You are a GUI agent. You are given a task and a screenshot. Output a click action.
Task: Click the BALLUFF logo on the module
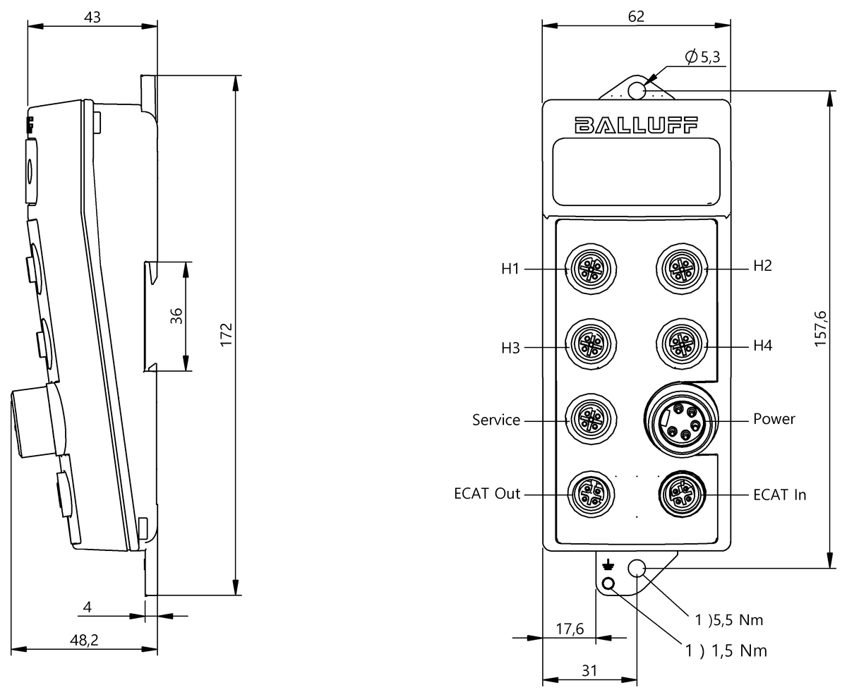[x=636, y=125]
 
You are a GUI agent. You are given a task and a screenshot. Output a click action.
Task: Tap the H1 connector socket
[x=591, y=268]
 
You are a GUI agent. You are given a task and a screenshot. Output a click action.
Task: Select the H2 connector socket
[x=682, y=268]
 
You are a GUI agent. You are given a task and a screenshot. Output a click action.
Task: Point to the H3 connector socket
[x=591, y=344]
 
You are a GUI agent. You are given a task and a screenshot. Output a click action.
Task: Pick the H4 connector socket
[x=682, y=344]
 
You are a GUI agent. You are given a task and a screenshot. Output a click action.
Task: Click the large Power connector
[x=681, y=420]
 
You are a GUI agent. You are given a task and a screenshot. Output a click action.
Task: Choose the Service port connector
[x=591, y=420]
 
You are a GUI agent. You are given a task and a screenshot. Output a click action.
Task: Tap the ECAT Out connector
[x=591, y=495]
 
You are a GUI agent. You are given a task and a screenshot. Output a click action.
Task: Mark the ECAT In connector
[x=682, y=495]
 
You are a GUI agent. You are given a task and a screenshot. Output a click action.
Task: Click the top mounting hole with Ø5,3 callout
[x=637, y=91]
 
